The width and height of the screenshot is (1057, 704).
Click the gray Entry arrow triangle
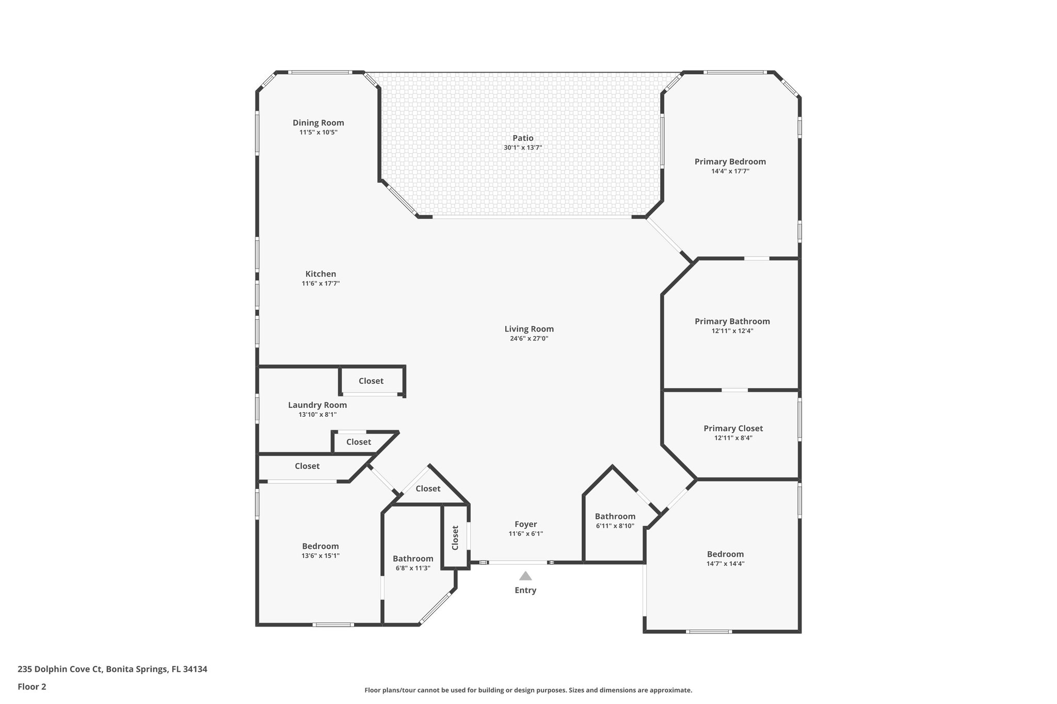click(x=525, y=576)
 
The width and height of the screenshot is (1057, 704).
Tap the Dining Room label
click(x=318, y=123)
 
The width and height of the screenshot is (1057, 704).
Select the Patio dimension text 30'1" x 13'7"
click(x=523, y=148)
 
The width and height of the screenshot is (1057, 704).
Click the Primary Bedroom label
click(x=730, y=161)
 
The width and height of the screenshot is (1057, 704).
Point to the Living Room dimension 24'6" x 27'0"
click(x=529, y=338)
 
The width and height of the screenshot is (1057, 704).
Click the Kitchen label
click(x=321, y=274)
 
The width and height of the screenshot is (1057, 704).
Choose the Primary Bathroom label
click(x=732, y=321)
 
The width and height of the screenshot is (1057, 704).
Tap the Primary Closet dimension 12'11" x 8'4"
click(x=733, y=438)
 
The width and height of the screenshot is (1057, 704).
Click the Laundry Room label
click(x=317, y=405)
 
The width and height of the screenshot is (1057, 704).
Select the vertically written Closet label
click(x=455, y=538)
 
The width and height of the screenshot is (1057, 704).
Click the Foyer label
click(x=525, y=524)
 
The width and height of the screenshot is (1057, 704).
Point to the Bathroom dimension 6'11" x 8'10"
click(x=615, y=526)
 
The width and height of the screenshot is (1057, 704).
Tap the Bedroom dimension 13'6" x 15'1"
click(x=321, y=555)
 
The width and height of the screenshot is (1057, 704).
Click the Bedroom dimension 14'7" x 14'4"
click(x=725, y=564)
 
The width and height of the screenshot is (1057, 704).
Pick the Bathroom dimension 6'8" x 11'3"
click(x=412, y=568)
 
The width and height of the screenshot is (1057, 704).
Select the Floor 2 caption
click(x=32, y=686)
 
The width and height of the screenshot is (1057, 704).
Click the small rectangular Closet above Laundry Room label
click(x=371, y=381)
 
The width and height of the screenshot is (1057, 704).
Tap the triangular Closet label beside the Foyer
click(x=428, y=488)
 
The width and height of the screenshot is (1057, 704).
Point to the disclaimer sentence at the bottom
click(x=528, y=690)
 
